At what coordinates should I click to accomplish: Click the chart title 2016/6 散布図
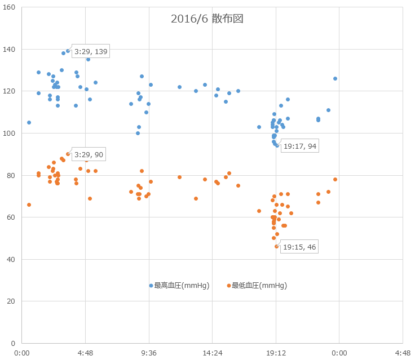pos(207,19)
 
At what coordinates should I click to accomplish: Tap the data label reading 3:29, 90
pos(88,154)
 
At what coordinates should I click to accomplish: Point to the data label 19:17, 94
pos(299,146)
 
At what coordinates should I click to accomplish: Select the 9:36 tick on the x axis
pos(149,353)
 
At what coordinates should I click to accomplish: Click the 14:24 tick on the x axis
pos(212,353)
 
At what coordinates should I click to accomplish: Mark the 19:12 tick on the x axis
pos(276,353)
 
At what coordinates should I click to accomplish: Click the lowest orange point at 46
pos(277,246)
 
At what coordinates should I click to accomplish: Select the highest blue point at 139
pos(68,51)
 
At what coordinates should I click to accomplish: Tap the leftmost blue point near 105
pos(29,122)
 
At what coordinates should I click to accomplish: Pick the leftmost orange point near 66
pos(29,205)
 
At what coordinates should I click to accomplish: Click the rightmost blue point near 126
pos(335,78)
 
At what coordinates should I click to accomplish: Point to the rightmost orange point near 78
pos(335,179)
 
